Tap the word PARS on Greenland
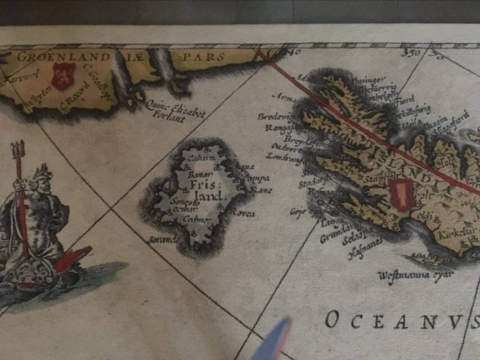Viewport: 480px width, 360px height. tap(204, 57)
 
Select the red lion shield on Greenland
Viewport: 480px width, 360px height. tap(62, 76)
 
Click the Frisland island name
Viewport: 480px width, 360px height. tap(203, 190)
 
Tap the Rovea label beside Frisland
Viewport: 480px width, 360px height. tap(243, 213)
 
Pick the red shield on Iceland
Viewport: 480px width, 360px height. tap(401, 195)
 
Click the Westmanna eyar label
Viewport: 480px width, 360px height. tap(408, 276)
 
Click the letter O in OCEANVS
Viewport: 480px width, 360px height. tap(332, 320)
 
